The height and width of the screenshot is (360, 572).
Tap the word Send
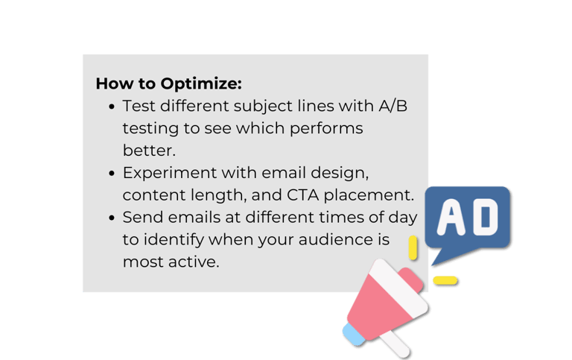click(141, 218)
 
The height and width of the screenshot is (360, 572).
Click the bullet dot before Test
click(112, 107)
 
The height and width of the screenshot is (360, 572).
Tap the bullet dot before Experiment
click(112, 174)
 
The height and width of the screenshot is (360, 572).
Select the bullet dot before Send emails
click(112, 218)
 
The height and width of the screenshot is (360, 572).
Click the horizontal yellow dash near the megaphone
click(445, 280)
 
